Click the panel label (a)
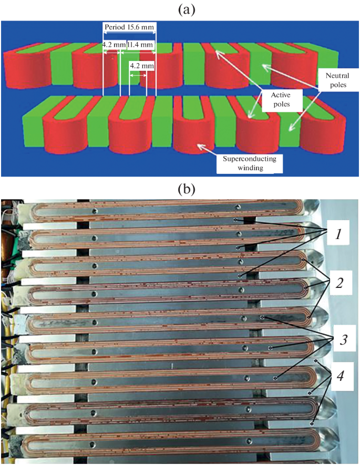click(x=180, y=9)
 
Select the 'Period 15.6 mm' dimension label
click(x=129, y=28)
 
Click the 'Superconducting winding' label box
click(x=249, y=162)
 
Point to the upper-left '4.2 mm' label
click(x=111, y=45)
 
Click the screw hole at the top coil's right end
click(x=239, y=206)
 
